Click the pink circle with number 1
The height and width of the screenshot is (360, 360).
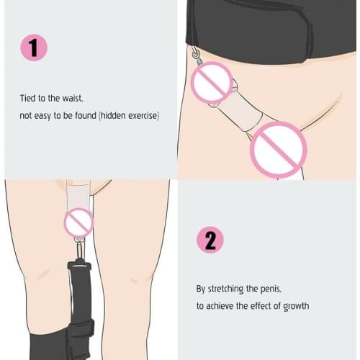[33, 48]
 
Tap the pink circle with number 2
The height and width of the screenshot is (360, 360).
[210, 239]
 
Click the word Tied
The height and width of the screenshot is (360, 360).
[27, 99]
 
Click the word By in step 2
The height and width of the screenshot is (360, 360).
[202, 289]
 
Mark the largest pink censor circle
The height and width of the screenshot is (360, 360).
[279, 150]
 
